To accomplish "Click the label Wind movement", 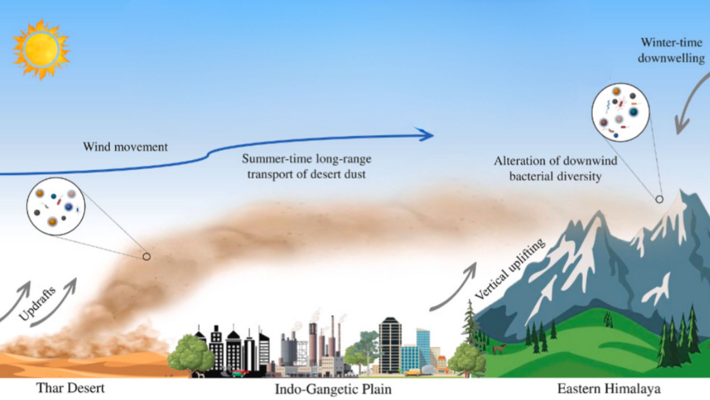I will [x=125, y=147].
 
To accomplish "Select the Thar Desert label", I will [x=70, y=388].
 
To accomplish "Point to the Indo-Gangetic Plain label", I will [x=333, y=389].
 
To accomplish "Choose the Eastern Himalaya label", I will [x=609, y=389].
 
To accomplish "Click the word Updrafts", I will [x=37, y=304].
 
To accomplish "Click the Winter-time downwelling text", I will [x=671, y=50].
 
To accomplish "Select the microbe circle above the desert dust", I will [x=56, y=206].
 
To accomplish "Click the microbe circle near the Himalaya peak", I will [x=621, y=112].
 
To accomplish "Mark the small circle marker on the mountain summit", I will [x=659, y=199].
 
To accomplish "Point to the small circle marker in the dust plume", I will [x=146, y=256].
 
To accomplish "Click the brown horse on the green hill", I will [x=500, y=349].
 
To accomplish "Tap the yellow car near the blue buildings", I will [x=412, y=372].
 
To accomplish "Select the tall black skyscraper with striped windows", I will [x=390, y=344].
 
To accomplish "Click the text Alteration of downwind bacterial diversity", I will [x=555, y=169].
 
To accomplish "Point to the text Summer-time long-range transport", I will [x=307, y=166].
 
